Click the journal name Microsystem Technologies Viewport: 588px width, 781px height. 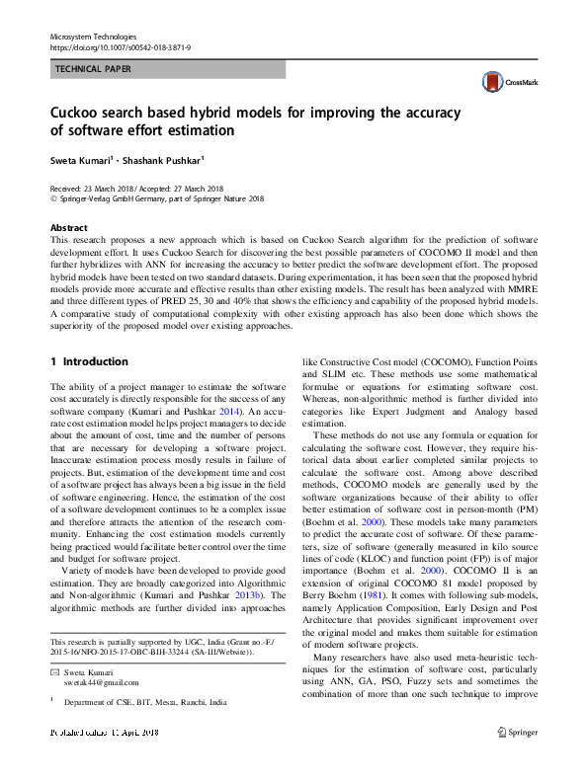coord(95,36)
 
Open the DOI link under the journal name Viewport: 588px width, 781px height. coord(120,46)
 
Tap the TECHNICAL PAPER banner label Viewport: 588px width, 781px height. coord(92,69)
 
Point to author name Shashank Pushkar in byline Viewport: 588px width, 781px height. coord(164,158)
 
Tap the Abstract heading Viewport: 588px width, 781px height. coord(68,227)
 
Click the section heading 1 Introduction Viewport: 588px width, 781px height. coord(89,361)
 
